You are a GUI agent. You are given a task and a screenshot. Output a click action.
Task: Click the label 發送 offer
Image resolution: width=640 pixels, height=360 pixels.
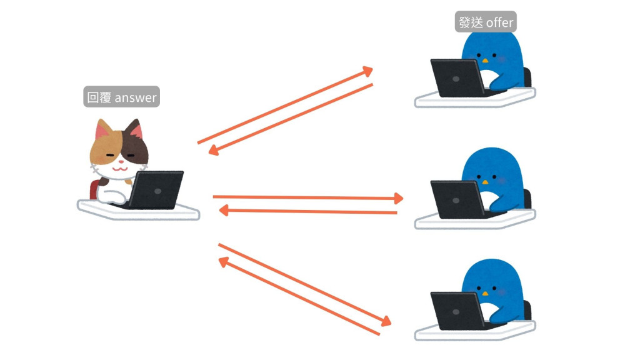point(486,23)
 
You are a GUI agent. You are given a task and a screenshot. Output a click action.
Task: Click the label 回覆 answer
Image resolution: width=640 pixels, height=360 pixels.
point(121,97)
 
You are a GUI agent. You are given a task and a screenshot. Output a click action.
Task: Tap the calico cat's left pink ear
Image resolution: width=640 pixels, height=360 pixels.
point(103,131)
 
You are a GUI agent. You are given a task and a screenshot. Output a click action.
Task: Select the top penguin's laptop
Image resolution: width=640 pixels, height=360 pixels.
point(457,77)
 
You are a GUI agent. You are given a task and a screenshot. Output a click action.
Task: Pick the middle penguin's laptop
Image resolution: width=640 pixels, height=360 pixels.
point(457,199)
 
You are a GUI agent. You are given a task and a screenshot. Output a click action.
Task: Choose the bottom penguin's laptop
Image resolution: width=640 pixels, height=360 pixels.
point(457,309)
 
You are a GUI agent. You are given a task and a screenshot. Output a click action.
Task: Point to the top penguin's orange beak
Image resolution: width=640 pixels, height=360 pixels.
point(484,61)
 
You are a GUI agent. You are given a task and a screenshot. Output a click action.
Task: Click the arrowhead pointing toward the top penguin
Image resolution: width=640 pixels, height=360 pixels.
point(367,71)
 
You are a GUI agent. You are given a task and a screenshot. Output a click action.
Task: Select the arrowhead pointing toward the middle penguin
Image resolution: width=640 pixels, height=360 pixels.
point(397,199)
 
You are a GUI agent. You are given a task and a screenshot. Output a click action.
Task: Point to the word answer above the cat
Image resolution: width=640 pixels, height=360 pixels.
point(136,97)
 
